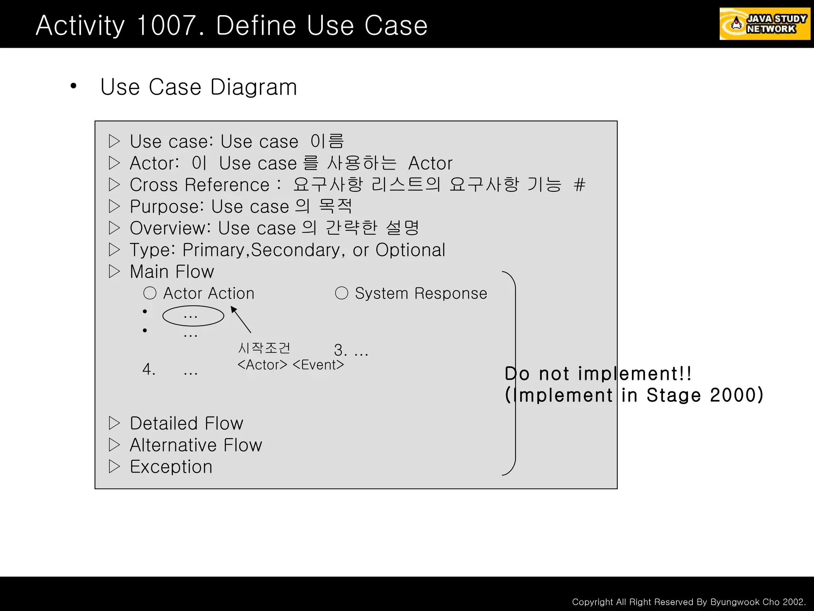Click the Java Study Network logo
pos(764,24)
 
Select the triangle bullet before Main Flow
pos(114,272)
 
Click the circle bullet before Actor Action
pos(150,293)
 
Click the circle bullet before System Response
pos(341,293)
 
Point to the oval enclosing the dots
pos(193,316)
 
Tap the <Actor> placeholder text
pos(262,365)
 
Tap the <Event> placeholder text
pos(318,365)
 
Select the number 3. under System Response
pos(341,350)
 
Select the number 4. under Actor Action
pos(149,370)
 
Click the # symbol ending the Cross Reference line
pos(579,185)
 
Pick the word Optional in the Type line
pos(410,250)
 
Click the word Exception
pos(171,467)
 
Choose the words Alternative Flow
pos(196,445)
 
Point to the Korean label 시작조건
pos(264,348)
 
